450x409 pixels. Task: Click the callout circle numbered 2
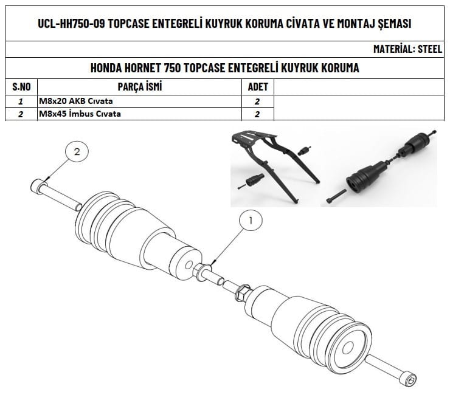77,151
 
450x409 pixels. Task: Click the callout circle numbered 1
251,220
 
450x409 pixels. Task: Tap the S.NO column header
21,87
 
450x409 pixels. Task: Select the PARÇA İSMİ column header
140,86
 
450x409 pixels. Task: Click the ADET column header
258,87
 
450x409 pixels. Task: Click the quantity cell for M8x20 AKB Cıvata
257,101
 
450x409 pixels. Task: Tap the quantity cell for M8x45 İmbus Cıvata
257,114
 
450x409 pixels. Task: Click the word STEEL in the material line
429,49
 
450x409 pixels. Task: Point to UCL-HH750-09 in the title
71,24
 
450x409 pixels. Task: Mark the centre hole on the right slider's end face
348,346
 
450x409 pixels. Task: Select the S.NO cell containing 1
21,101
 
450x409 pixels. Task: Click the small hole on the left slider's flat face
189,265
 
